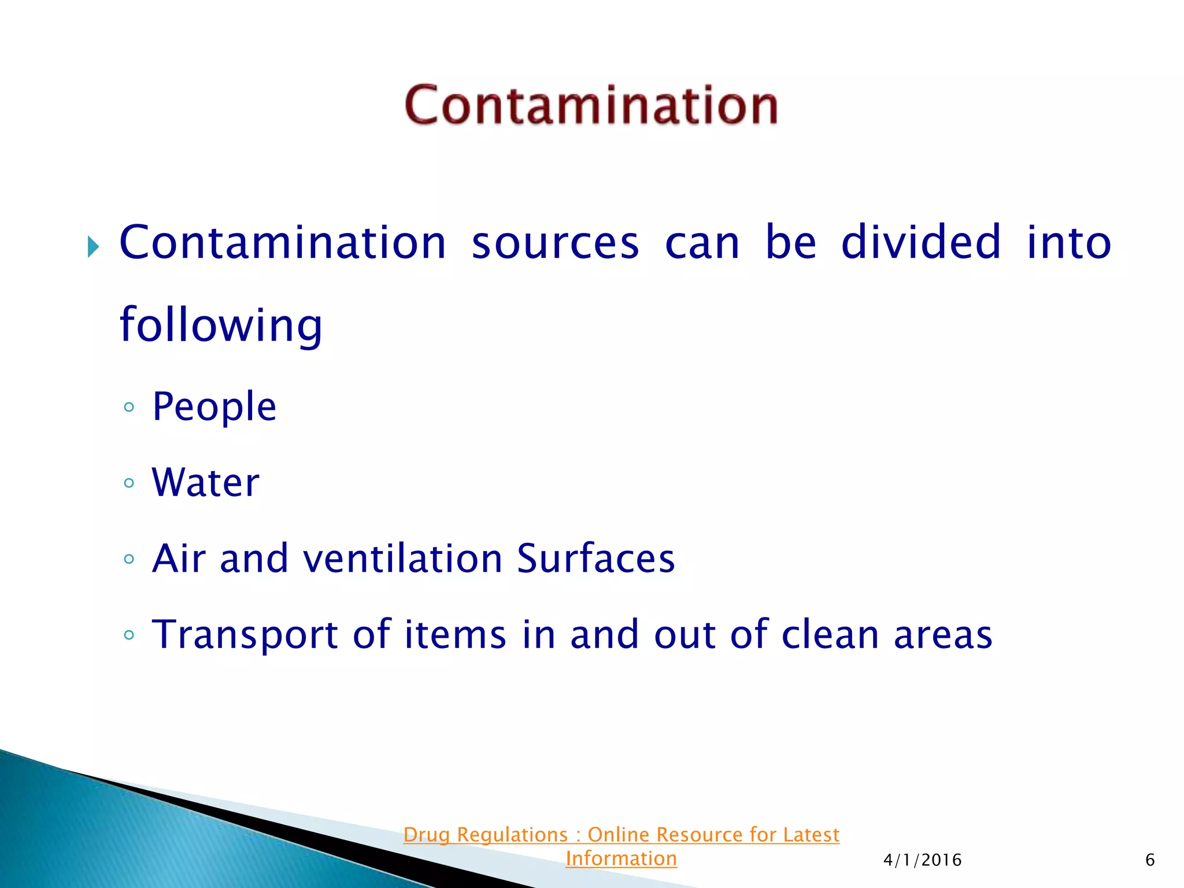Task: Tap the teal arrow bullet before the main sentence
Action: point(93,247)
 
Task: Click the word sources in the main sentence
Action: point(555,243)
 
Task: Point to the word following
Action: point(220,325)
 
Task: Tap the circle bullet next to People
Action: point(129,407)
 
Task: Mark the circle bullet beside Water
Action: point(129,483)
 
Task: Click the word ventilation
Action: point(402,558)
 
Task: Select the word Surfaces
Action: point(595,558)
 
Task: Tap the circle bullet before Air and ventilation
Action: point(129,559)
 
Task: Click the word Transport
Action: point(245,635)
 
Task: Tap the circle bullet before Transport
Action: point(129,635)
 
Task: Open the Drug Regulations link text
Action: point(621,835)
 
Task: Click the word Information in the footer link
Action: point(621,859)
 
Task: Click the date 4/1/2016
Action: point(922,860)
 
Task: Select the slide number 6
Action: point(1150,860)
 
